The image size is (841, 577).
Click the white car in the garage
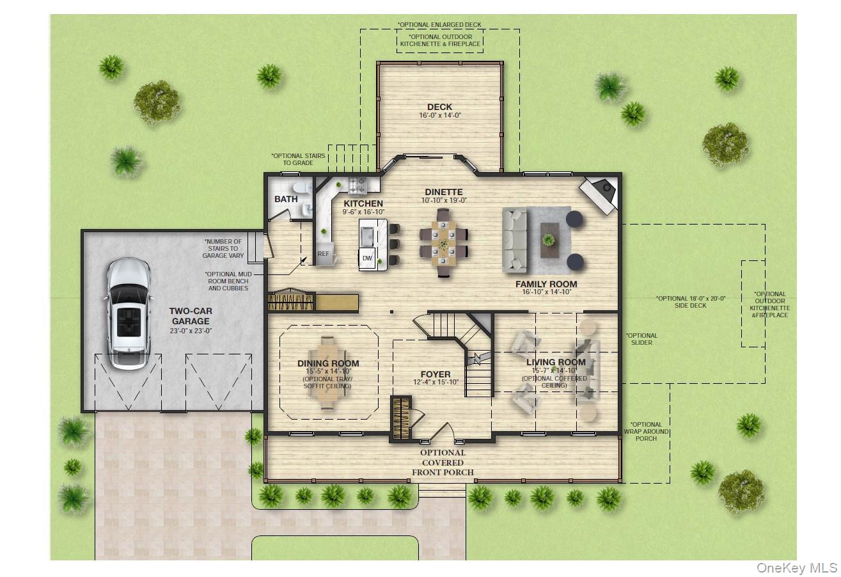tap(130, 313)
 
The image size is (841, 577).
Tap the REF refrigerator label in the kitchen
tap(324, 254)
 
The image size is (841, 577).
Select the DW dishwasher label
tap(367, 258)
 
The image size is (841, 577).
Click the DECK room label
tap(439, 107)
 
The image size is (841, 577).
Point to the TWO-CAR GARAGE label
tap(190, 316)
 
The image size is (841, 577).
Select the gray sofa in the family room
tap(515, 239)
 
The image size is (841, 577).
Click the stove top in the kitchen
tap(356, 186)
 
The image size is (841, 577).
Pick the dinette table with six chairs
tap(443, 242)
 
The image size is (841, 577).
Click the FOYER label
tap(435, 374)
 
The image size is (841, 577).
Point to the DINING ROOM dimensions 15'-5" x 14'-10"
tap(328, 372)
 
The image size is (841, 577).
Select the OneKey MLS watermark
tap(797, 567)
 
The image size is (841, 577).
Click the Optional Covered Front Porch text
tap(443, 462)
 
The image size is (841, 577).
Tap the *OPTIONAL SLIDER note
tap(641, 339)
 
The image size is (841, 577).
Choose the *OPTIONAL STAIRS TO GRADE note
tap(298, 159)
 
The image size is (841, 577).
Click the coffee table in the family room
tap(549, 240)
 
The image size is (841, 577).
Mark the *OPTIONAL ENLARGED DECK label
tap(439, 25)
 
